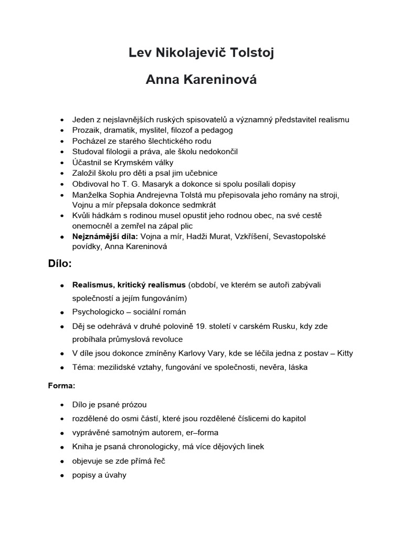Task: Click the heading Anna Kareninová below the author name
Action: click(x=201, y=81)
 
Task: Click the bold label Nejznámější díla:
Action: click(x=105, y=237)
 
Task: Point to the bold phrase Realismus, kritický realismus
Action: click(x=129, y=285)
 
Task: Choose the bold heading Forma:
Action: click(x=62, y=385)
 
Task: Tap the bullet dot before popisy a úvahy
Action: click(x=62, y=475)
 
